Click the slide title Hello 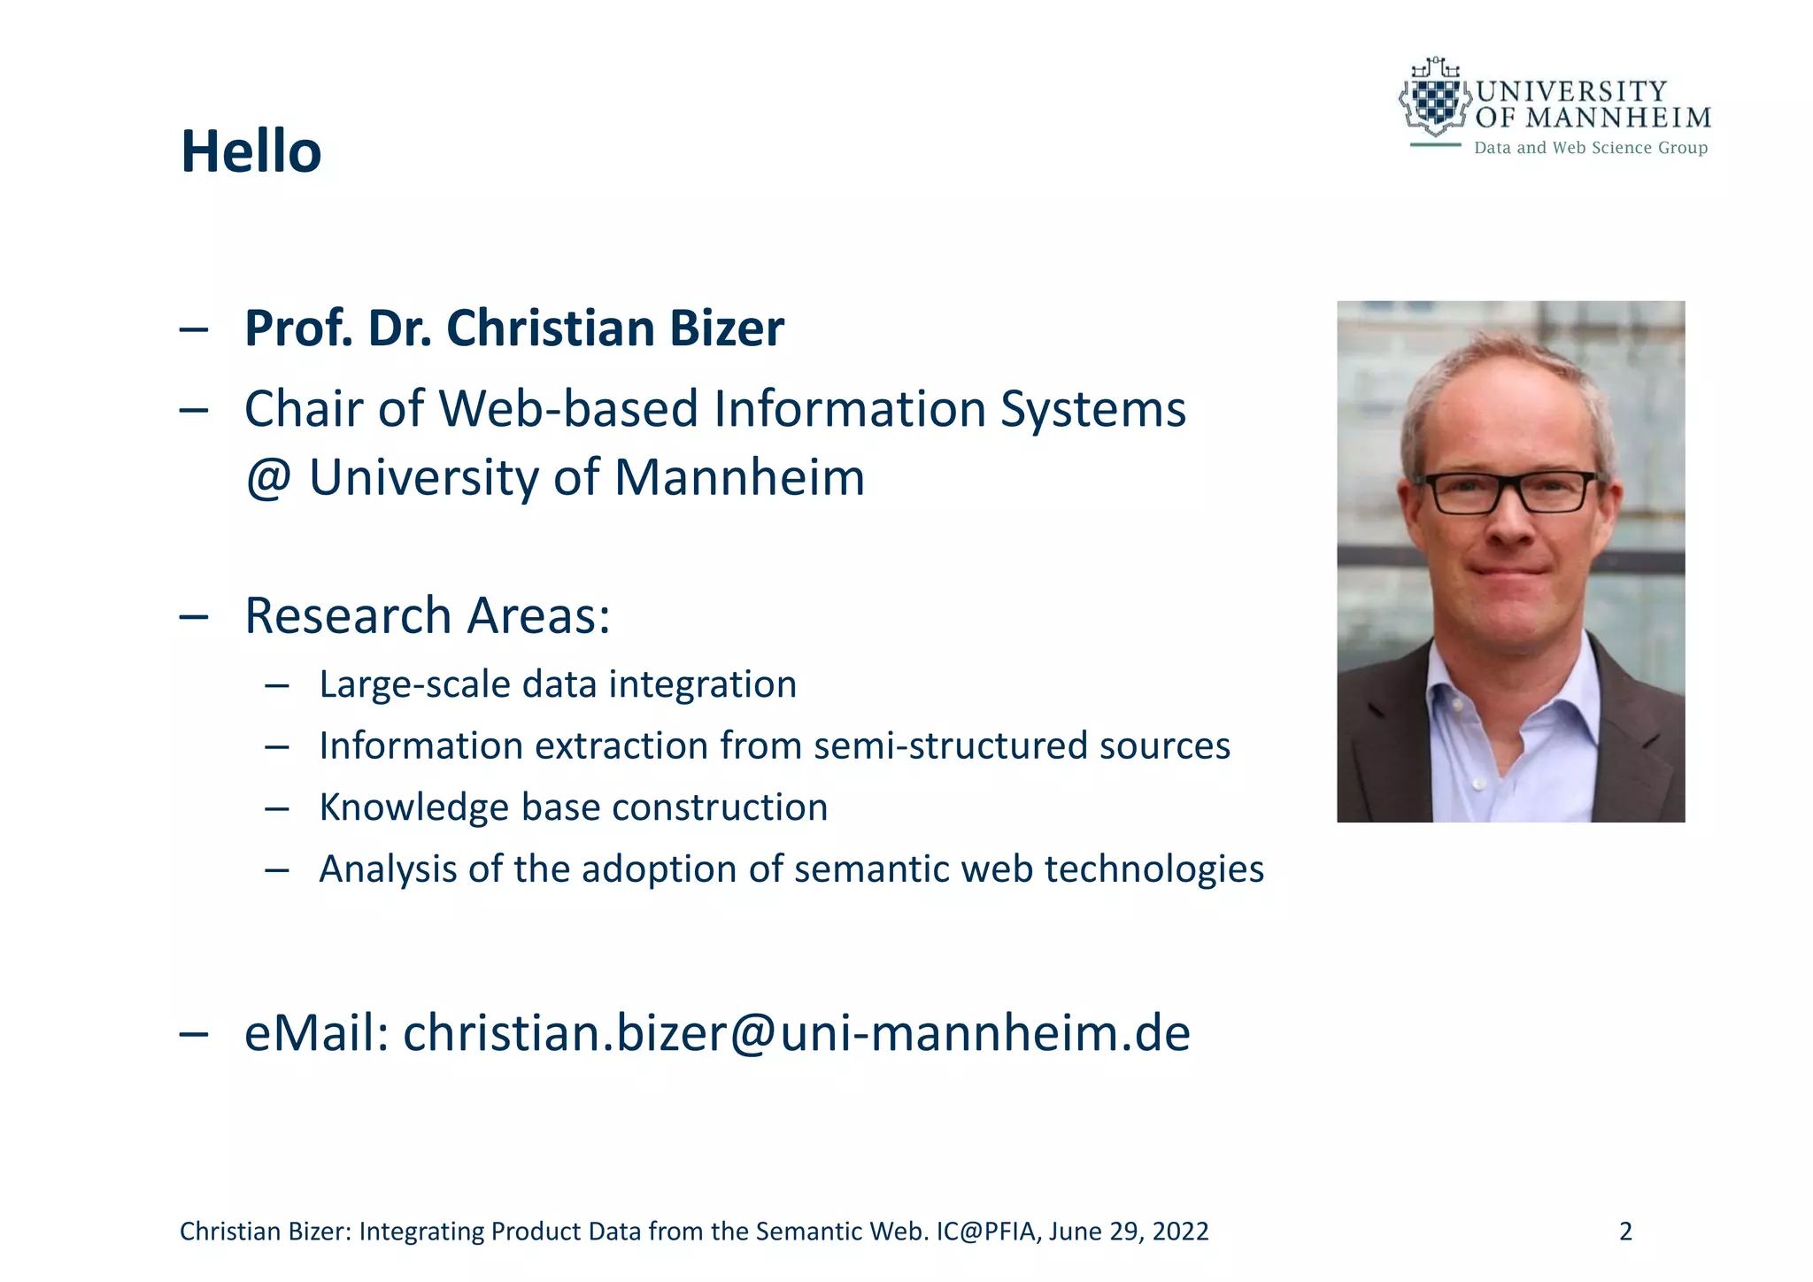tap(251, 151)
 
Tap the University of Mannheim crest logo tap(1433, 99)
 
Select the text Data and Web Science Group tap(1590, 148)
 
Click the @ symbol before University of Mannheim tap(268, 479)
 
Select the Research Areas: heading tap(427, 615)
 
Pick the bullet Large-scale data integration tap(558, 684)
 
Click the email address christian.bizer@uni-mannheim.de tap(796, 1033)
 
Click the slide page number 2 tap(1624, 1232)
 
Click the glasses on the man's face tap(1513, 492)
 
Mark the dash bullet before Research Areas tap(193, 616)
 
